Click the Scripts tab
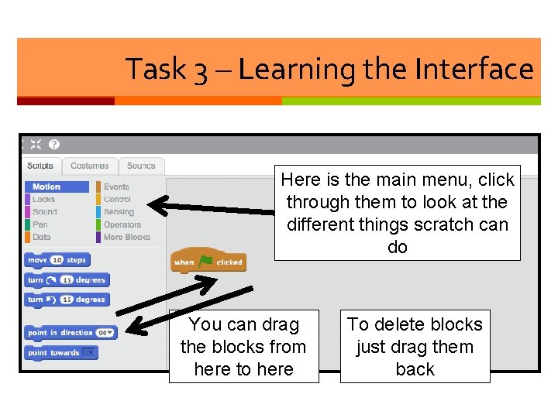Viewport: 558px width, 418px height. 40,166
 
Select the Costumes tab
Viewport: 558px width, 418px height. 90,166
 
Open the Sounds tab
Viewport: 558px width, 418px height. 141,166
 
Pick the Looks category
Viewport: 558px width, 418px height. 43,200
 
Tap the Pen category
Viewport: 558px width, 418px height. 40,224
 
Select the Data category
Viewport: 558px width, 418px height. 41,237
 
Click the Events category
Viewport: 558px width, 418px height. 116,187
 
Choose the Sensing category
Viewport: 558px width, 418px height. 119,212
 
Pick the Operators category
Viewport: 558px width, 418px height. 122,224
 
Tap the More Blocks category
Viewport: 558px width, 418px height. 126,237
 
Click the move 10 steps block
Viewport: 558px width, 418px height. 57,260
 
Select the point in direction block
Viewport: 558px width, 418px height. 70,333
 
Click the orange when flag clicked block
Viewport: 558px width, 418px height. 208,262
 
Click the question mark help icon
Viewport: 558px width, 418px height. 54,145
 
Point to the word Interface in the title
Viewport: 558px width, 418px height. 474,70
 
